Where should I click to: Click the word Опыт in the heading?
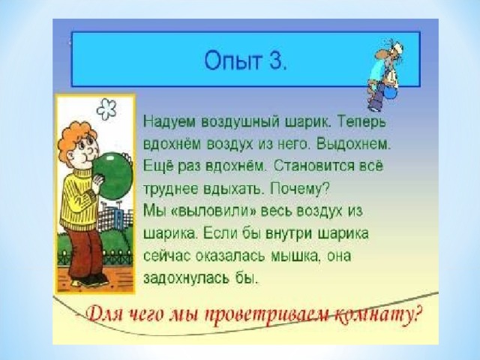click(x=233, y=61)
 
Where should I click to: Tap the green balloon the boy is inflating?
click(x=112, y=175)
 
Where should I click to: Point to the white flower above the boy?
click(x=106, y=109)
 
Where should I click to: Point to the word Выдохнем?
click(x=354, y=144)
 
